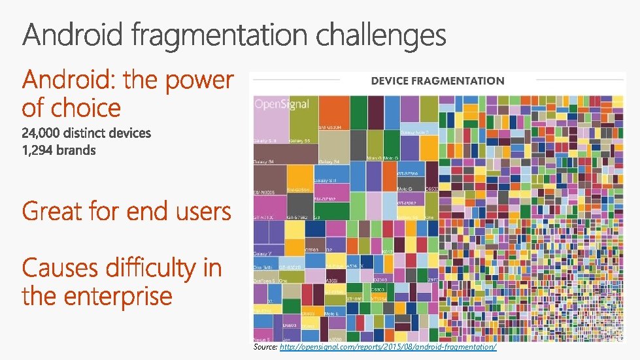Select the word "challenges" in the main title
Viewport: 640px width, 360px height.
(x=381, y=35)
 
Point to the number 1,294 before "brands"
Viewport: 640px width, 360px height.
(x=39, y=150)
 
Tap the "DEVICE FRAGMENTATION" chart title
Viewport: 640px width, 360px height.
(x=437, y=81)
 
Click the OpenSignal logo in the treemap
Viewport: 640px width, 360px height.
(x=281, y=104)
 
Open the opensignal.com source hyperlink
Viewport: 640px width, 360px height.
(x=388, y=348)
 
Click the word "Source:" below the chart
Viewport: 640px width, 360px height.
(x=265, y=348)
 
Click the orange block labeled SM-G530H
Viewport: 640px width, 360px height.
(x=333, y=112)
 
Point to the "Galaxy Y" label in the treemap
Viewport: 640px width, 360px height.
(x=263, y=254)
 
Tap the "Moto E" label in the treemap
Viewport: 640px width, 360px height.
(x=332, y=314)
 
